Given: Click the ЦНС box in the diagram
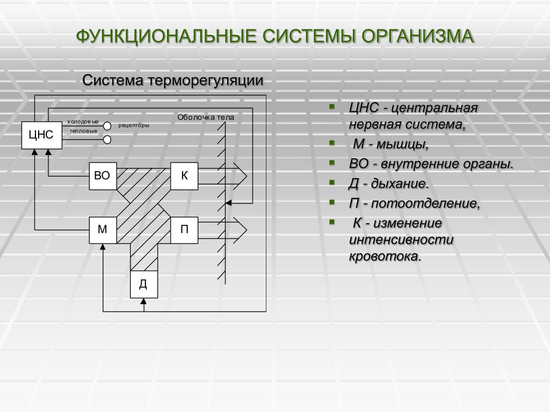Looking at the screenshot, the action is click(x=41, y=135).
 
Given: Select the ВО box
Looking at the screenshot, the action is click(x=102, y=176).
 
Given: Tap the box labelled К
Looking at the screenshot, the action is click(x=184, y=176).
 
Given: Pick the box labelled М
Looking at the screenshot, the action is click(x=102, y=230).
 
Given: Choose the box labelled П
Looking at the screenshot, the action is click(x=184, y=230).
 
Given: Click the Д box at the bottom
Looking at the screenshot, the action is click(x=143, y=284).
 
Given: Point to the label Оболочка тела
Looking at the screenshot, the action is click(x=206, y=117).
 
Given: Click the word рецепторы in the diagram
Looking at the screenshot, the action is click(x=134, y=126).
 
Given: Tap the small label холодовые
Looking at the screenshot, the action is click(x=83, y=122).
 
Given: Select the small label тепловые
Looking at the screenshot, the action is click(x=83, y=131).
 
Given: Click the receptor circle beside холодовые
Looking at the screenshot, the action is click(x=107, y=126).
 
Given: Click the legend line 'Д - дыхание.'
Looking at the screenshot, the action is click(x=389, y=184).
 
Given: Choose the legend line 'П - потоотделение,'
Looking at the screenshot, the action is click(x=414, y=204).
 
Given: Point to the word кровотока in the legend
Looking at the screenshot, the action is click(x=385, y=256).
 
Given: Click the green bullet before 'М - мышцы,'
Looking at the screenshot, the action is click(x=332, y=142).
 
